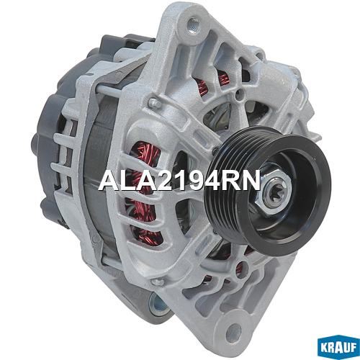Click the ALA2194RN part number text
click(x=179, y=180)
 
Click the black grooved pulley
click(x=268, y=189)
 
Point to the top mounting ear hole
click(x=194, y=24)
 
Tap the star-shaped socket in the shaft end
click(x=275, y=194)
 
